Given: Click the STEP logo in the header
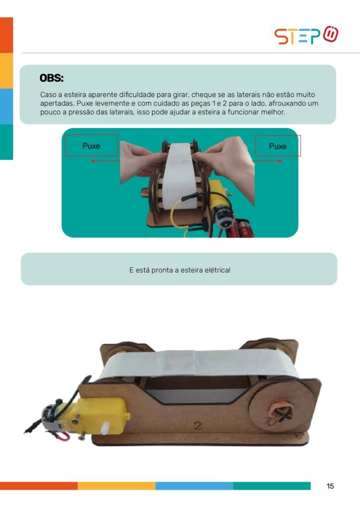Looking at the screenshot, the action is click(x=306, y=35).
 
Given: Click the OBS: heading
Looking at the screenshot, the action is click(x=52, y=78).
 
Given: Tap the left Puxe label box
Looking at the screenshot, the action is click(x=91, y=146).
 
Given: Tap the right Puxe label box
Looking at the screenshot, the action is click(x=278, y=146).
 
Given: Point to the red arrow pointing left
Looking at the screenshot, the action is click(x=105, y=161).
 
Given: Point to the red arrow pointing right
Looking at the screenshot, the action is click(x=267, y=161).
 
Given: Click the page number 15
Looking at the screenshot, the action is click(x=330, y=486).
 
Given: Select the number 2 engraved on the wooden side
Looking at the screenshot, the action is click(x=198, y=425).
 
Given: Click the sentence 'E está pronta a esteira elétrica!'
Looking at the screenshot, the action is click(x=180, y=270).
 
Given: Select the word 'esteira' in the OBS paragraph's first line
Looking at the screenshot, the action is click(x=75, y=95).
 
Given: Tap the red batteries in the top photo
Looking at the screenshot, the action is click(x=239, y=228).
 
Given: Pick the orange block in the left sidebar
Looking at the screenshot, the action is click(x=6, y=35).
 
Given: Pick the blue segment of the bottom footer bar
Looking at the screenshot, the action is click(x=194, y=486).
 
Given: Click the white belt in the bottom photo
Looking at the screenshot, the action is click(x=202, y=365).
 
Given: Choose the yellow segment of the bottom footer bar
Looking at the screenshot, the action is click(x=116, y=486).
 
